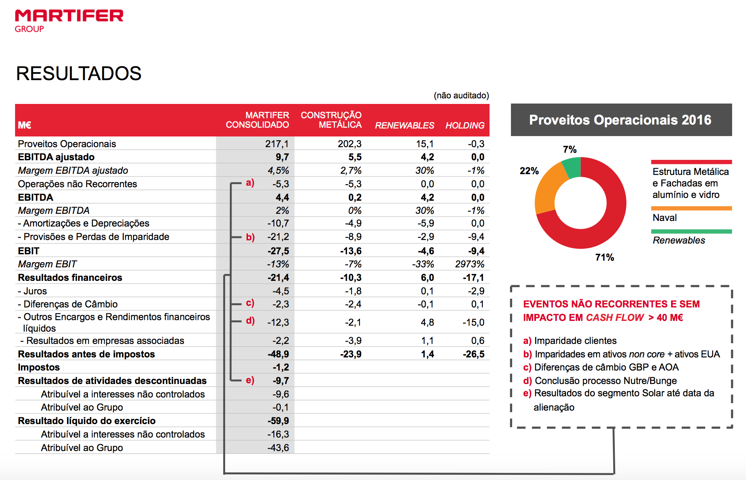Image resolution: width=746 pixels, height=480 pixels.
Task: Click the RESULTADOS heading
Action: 78,73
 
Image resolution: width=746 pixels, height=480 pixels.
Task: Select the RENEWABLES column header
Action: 404,125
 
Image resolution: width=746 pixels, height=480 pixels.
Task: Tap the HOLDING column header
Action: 465,125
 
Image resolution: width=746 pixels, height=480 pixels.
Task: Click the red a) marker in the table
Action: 250,182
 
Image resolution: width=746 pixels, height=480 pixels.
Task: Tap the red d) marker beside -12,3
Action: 250,321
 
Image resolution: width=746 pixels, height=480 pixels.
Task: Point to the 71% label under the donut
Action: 604,257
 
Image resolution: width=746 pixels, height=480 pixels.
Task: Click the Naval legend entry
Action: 664,218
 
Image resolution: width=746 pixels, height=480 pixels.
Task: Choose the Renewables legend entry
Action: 679,240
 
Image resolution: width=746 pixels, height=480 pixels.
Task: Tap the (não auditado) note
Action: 461,96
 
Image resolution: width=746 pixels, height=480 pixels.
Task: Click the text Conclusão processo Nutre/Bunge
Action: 605,381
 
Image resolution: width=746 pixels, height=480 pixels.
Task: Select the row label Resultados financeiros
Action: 70,278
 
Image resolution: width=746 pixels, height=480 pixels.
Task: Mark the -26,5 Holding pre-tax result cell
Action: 473,354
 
